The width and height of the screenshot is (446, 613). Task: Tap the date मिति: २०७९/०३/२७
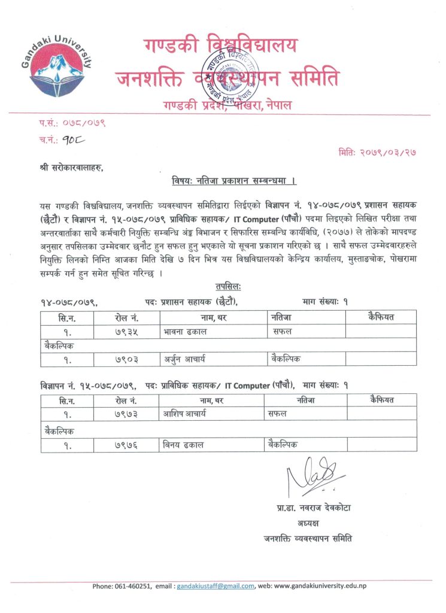click(377, 152)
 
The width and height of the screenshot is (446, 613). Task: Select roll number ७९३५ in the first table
click(126, 331)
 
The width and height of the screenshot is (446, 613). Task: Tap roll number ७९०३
click(126, 360)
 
